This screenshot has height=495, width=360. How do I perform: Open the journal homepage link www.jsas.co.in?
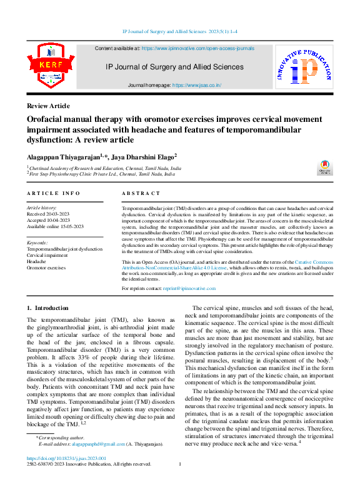pyautogui.click(x=196, y=85)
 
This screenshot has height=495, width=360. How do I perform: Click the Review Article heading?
pyautogui.click(x=48, y=106)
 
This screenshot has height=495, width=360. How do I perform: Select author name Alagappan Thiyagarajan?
pyautogui.click(x=62, y=156)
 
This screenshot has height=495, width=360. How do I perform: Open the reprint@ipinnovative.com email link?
pyautogui.click(x=189, y=289)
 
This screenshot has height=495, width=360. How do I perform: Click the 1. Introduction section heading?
pyautogui.click(x=47, y=308)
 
